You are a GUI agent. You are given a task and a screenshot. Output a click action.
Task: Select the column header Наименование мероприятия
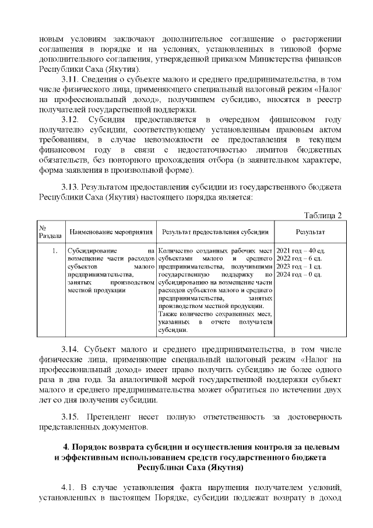click(x=111, y=233)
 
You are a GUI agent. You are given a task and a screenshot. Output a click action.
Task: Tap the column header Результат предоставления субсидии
click(x=215, y=233)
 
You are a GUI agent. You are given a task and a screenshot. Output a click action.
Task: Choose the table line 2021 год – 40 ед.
click(x=300, y=250)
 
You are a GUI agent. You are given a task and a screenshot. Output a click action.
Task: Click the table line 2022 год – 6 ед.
click(x=298, y=258)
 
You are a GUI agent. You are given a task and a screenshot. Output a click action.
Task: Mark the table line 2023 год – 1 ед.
click(x=298, y=267)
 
